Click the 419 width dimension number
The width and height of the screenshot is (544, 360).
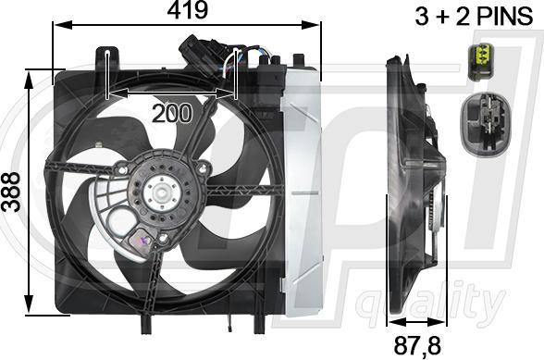[188, 10]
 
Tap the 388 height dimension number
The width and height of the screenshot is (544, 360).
[11, 192]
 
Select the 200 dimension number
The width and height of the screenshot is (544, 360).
[172, 113]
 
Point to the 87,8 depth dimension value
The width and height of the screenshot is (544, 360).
[417, 345]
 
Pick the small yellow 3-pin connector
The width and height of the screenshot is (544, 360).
[481, 62]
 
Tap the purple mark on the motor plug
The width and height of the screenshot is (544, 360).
[143, 240]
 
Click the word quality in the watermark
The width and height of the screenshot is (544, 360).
[430, 304]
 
